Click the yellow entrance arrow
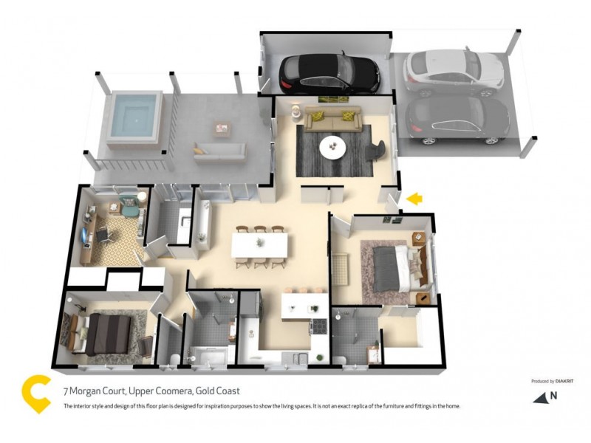pos(415,198)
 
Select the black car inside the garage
pos(330,72)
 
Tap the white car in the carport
pos(454,72)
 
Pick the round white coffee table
pos(332,148)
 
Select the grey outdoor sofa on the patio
pos(219,151)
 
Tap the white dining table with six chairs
pos(260,245)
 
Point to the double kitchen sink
pos(297,359)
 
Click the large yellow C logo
pos(35,395)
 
